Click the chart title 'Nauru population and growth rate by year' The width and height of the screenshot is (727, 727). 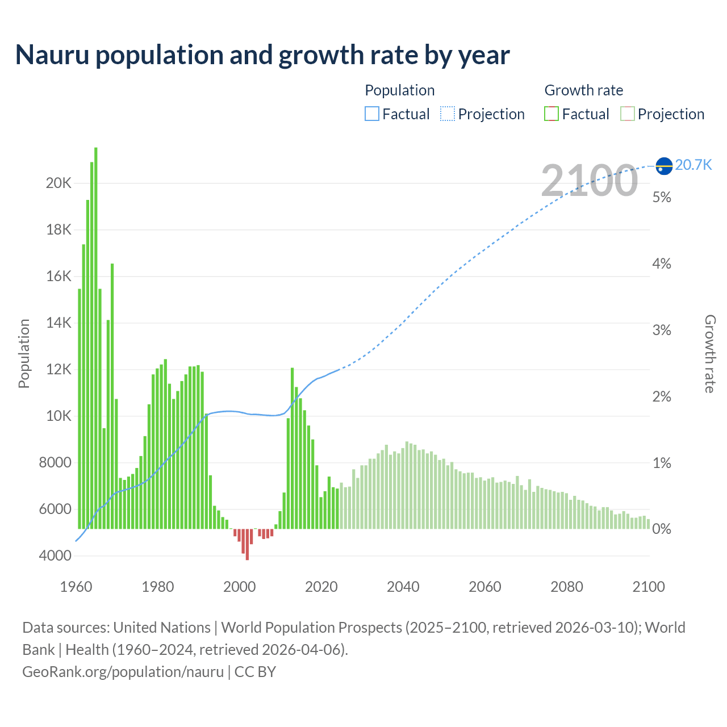[262, 55]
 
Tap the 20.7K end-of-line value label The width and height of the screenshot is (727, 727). [693, 165]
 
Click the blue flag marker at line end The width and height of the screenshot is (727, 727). [664, 165]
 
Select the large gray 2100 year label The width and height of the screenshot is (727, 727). [589, 181]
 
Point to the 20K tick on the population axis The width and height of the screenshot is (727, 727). [59, 183]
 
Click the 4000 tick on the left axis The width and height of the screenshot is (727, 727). [55, 555]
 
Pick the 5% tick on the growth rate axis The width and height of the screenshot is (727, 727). [662, 197]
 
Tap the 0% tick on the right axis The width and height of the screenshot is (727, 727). [662, 529]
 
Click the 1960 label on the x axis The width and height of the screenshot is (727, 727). [76, 587]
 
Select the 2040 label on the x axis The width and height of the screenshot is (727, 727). [403, 587]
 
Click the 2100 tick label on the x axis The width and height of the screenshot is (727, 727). [648, 587]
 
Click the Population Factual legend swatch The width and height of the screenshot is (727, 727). [372, 114]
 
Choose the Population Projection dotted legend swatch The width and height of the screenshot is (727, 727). [448, 114]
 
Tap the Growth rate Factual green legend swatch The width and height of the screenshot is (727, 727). [551, 114]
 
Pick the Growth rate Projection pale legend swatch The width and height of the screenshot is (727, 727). [627, 114]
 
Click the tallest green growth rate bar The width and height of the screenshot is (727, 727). [96, 338]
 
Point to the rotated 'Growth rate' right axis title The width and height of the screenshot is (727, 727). [710, 354]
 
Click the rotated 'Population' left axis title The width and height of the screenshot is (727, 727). [24, 353]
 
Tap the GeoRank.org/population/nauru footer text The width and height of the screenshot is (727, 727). [123, 671]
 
